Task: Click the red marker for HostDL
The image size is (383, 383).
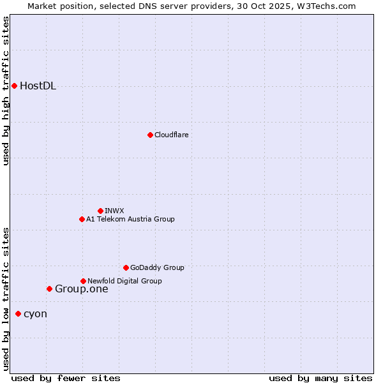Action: point(14,86)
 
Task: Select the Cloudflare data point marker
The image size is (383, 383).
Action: point(150,135)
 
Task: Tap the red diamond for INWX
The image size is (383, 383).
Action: point(100,211)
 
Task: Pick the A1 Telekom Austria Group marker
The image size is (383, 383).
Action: point(82,219)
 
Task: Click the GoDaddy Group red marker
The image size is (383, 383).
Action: point(126,267)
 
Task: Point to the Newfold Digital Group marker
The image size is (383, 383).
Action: point(83,281)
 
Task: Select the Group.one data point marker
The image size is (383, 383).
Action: point(49,289)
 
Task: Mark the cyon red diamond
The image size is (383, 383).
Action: point(18,313)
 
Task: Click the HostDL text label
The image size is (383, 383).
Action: point(38,86)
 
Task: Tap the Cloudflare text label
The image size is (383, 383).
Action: point(171,135)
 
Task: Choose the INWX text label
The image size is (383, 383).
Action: point(114,211)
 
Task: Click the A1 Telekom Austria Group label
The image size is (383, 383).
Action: point(130,219)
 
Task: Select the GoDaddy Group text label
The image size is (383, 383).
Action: point(157,267)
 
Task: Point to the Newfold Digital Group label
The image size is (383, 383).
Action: point(124,281)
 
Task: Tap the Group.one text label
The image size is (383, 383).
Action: point(81,289)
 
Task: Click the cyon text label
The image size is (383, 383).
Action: point(35,314)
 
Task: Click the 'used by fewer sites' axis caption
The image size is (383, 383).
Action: point(66,378)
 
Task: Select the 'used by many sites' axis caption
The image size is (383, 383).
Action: point(320,378)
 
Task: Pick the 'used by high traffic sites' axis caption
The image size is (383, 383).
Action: point(6,91)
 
